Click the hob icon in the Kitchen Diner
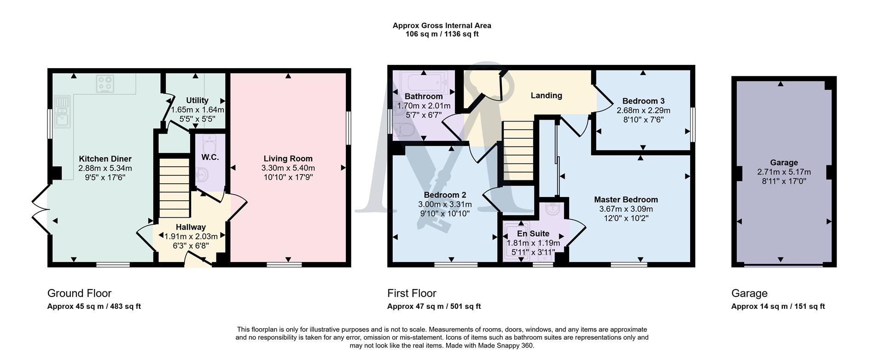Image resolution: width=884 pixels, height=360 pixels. pyautogui.click(x=105, y=84)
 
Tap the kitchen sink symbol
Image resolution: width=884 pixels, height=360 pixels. pyautogui.click(x=61, y=111)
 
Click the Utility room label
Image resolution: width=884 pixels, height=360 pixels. pyautogui.click(x=197, y=100)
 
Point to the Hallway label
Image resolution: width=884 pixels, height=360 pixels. pyautogui.click(x=191, y=227)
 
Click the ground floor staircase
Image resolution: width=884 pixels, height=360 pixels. pyautogui.click(x=174, y=188)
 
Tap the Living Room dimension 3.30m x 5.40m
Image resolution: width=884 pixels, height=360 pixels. pyautogui.click(x=288, y=168)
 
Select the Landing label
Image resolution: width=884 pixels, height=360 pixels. pyautogui.click(x=546, y=95)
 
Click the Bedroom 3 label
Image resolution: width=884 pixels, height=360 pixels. pyautogui.click(x=643, y=101)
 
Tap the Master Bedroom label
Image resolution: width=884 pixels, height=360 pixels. pyautogui.click(x=626, y=200)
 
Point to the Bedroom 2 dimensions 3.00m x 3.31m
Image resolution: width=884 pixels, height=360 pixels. pyautogui.click(x=445, y=204)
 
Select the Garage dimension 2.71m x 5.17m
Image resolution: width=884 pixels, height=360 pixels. pyautogui.click(x=784, y=172)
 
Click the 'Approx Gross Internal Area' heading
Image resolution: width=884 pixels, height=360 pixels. pyautogui.click(x=442, y=26)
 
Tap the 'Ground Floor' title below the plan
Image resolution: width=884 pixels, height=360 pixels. pyautogui.click(x=79, y=293)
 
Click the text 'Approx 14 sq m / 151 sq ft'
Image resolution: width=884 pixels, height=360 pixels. pyautogui.click(x=778, y=307)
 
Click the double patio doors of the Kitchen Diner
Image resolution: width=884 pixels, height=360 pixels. pyautogui.click(x=41, y=209)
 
